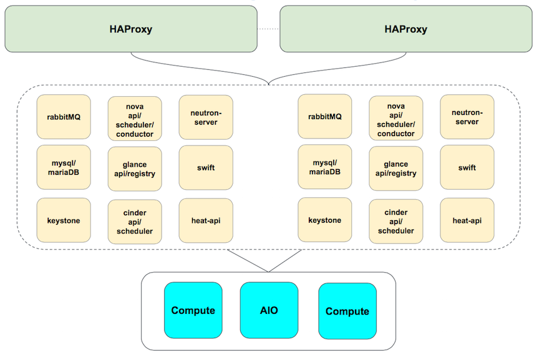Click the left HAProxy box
point(131,29)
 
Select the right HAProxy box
point(406,29)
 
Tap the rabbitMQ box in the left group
point(64,117)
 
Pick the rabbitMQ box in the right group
point(325,117)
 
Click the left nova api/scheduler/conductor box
point(135,119)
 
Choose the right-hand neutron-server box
point(467,117)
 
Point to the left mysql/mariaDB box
point(64,167)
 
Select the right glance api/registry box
point(396,168)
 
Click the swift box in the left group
point(206,167)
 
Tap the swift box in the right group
point(467,167)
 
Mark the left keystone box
point(64,220)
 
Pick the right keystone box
point(325,220)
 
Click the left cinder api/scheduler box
point(135,221)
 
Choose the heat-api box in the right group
point(467,220)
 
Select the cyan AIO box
point(269,310)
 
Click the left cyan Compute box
point(193,310)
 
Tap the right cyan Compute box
point(347,311)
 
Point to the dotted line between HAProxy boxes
point(268,29)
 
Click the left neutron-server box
point(206,117)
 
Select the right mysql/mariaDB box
point(325,167)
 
